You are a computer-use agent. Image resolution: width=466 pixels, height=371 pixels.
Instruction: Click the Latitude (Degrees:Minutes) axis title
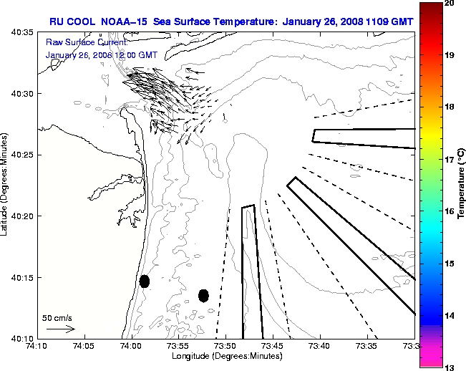(x=6, y=185)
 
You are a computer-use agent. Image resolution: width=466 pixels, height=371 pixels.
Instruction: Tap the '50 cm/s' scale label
(x=57, y=317)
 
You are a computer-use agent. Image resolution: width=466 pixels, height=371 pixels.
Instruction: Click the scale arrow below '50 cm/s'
(x=61, y=329)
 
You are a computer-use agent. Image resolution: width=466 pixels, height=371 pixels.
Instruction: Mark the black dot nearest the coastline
(x=145, y=281)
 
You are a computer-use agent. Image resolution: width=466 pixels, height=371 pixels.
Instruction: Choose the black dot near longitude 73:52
(x=203, y=295)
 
